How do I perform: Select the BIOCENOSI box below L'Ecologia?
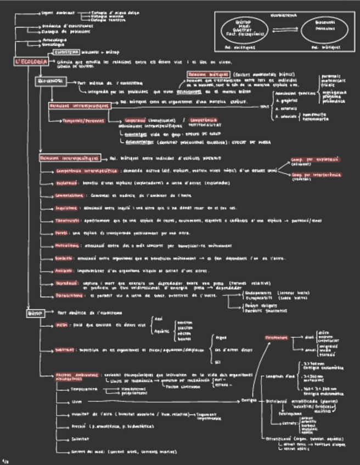tap(49, 81)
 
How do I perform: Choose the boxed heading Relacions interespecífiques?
tap(69, 158)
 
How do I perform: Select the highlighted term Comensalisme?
tap(69, 195)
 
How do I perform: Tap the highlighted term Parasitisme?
tap(69, 295)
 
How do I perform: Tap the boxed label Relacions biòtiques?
tap(207, 74)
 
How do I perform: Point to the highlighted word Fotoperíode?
tap(276, 338)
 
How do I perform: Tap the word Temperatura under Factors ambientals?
tap(83, 389)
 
